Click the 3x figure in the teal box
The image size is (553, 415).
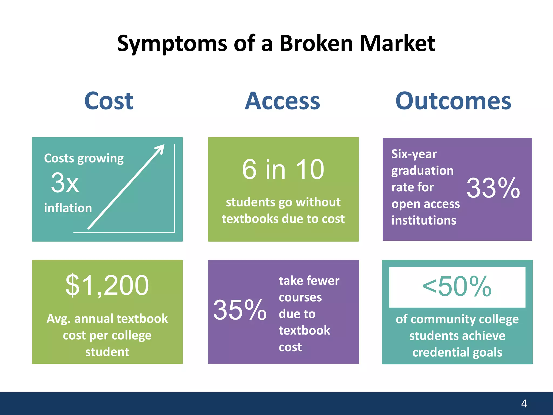tap(65, 183)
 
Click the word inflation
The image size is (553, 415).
tap(68, 208)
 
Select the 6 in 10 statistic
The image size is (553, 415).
tap(283, 169)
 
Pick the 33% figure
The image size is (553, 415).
tap(493, 188)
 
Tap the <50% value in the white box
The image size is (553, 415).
tap(457, 286)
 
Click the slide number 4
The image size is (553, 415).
tap(524, 403)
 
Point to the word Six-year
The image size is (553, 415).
tap(414, 154)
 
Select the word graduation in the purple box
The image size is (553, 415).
tap(422, 171)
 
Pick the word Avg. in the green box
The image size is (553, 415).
tap(59, 319)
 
